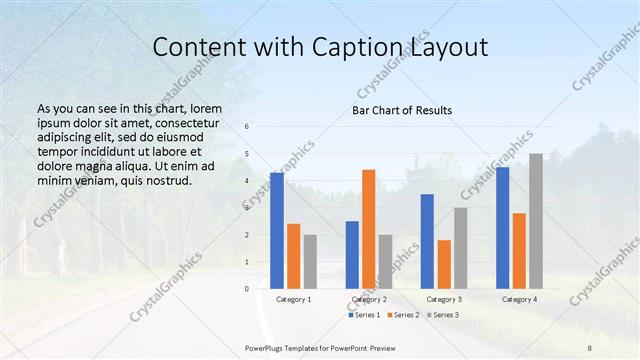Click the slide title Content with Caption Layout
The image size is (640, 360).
click(x=319, y=47)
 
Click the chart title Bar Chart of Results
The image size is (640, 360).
click(x=401, y=110)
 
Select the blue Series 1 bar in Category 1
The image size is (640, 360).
click(x=277, y=231)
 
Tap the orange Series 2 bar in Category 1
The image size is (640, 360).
click(x=293, y=256)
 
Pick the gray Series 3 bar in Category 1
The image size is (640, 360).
click(x=310, y=262)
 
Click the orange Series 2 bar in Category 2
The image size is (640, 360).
click(x=369, y=229)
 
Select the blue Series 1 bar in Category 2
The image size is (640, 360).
click(x=352, y=255)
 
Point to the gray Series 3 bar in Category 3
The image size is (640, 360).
click(x=461, y=248)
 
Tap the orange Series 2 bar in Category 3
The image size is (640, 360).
click(x=444, y=264)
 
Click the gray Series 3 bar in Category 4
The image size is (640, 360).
click(x=536, y=221)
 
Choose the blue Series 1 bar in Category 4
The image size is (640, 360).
click(x=502, y=228)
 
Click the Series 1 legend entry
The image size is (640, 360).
click(x=364, y=315)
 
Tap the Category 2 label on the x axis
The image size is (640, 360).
click(x=368, y=299)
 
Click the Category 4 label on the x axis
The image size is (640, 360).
click(x=519, y=299)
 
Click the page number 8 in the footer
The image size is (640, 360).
click(x=590, y=346)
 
